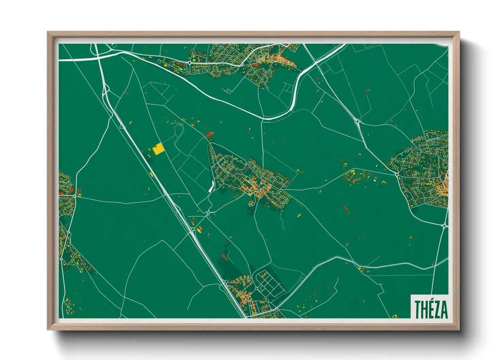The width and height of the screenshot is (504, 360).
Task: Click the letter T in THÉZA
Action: pyautogui.click(x=418, y=309)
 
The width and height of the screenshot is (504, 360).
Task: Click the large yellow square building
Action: pyautogui.click(x=158, y=149)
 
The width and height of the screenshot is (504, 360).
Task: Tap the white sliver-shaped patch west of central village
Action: pyautogui.click(x=211, y=186)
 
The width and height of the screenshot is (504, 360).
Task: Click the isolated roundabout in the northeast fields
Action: pyautogui.click(x=358, y=121)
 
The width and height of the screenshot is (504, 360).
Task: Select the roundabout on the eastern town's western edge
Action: pyautogui.click(x=397, y=174)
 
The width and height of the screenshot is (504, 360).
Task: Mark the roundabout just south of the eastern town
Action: pyautogui.click(x=445, y=225)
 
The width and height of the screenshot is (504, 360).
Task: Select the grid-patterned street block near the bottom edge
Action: pyautogui.click(x=269, y=282)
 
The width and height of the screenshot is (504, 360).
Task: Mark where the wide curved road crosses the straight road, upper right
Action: pyautogui.click(x=316, y=63)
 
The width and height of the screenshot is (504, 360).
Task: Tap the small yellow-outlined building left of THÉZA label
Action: pyautogui.click(x=395, y=316)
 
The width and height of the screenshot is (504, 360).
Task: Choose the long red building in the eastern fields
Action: pyautogui.click(x=346, y=208)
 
